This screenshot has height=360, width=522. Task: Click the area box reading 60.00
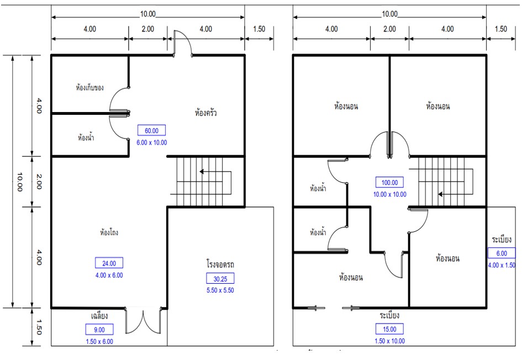click(151, 130)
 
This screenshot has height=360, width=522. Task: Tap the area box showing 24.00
click(109, 263)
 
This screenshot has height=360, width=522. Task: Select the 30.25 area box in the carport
click(220, 278)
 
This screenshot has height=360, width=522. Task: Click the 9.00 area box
click(99, 330)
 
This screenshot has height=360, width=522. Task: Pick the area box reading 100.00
click(389, 182)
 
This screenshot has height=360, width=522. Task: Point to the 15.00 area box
click(389, 329)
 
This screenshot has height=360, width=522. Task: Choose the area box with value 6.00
click(502, 253)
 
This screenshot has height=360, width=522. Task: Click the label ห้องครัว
click(205, 113)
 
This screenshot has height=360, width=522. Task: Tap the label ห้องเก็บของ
click(90, 87)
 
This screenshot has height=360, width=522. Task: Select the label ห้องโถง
click(109, 232)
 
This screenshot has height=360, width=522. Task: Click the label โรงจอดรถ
click(220, 264)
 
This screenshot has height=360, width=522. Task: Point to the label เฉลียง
click(99, 316)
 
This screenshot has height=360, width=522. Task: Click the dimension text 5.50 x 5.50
click(220, 290)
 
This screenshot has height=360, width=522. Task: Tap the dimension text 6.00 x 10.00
click(152, 142)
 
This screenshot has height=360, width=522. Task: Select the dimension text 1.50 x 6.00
click(99, 341)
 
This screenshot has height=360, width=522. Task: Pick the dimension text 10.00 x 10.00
click(390, 194)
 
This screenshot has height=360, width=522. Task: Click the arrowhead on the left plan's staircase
click(202, 172)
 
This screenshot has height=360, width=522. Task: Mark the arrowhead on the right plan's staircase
click(440, 194)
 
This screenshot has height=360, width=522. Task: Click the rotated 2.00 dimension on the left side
click(39, 182)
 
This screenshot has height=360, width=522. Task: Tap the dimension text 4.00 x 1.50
click(502, 265)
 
